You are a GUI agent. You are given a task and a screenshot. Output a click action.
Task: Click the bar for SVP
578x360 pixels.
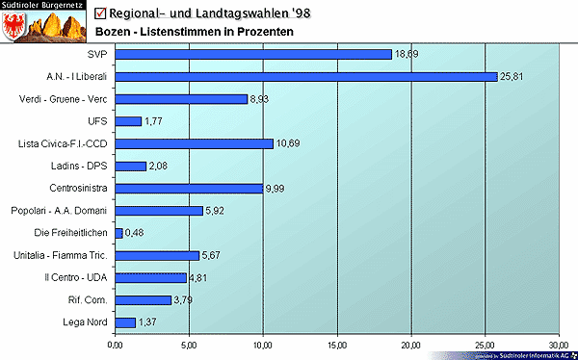253,54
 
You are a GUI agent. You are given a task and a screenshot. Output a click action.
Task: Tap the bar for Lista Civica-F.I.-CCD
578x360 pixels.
195,143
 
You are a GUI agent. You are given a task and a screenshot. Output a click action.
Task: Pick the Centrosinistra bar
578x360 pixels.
189,188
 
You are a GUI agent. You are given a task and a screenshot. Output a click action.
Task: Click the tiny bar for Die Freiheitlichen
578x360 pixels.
118,233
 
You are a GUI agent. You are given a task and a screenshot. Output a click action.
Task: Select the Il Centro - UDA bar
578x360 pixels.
151,277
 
